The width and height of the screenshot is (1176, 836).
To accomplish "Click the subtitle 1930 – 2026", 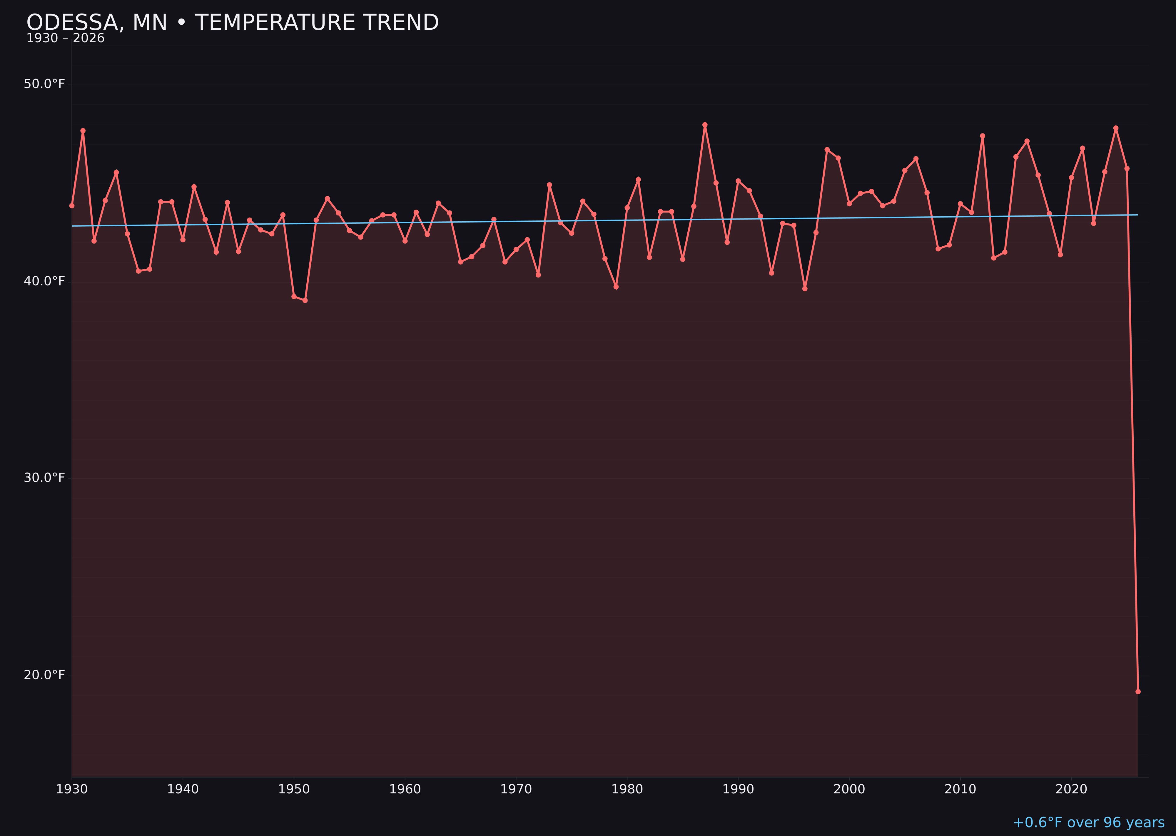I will [x=65, y=39].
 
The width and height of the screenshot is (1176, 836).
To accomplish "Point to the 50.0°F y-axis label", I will [x=44, y=84].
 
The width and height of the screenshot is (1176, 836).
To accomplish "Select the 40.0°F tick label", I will [x=44, y=281].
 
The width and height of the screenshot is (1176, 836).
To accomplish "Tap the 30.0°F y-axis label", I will [x=44, y=478].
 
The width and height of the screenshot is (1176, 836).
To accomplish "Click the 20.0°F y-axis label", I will [x=44, y=675].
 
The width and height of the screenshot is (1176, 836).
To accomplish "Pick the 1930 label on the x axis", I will [x=72, y=789].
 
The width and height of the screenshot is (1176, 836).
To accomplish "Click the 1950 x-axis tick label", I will [x=294, y=789].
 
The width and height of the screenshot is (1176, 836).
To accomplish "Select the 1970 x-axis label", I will [x=516, y=789].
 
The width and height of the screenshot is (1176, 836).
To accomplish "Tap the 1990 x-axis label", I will [x=738, y=789].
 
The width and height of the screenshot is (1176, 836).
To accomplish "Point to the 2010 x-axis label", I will [x=960, y=789].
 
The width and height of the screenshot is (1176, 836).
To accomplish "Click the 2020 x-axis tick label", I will [x=1071, y=789].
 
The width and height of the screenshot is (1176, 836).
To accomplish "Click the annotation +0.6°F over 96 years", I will [x=1088, y=822].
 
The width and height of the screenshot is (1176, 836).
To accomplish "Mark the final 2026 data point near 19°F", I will [x=1138, y=691].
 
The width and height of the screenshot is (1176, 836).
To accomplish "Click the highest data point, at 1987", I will [x=705, y=125].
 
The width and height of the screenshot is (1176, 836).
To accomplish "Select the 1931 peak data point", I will [x=83, y=131].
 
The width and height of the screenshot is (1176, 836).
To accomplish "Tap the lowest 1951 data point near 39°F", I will [x=305, y=300].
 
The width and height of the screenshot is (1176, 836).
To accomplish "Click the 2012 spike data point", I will [x=983, y=136].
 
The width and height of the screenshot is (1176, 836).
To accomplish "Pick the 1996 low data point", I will [x=805, y=289].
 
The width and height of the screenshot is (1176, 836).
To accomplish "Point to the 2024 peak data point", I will [x=1116, y=128].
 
